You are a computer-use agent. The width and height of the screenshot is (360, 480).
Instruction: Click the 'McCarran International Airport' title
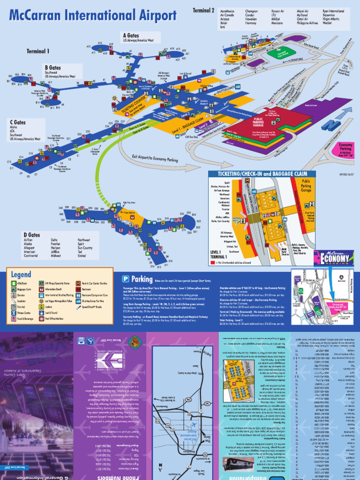click(92, 16)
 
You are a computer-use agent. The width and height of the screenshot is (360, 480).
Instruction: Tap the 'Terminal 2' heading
click(203, 10)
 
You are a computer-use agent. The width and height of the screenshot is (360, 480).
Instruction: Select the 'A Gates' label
click(132, 35)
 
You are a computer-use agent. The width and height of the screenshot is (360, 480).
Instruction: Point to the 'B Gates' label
click(53, 67)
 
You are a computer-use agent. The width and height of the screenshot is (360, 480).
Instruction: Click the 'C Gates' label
click(18, 122)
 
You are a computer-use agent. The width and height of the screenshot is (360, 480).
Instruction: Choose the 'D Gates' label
click(32, 235)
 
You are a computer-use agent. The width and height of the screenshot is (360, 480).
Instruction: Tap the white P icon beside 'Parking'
click(126, 278)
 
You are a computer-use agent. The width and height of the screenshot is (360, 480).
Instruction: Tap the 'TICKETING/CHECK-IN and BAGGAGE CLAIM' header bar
click(262, 174)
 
